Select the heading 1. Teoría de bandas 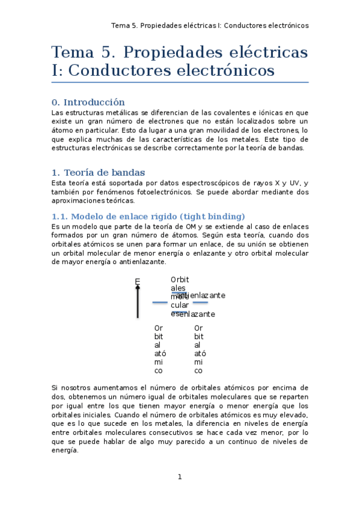(98, 173)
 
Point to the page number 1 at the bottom (179, 477)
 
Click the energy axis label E (137, 281)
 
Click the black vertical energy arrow (138, 302)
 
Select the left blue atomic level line (160, 303)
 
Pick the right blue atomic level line (200, 303)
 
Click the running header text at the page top (210, 25)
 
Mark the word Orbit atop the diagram (180, 280)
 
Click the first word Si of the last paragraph (55, 388)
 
